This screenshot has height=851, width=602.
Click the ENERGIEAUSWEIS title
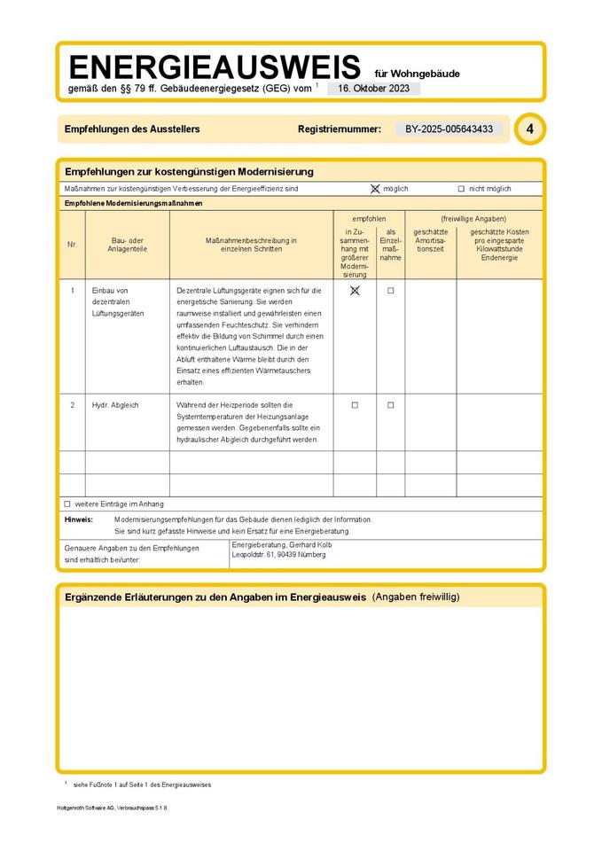[214, 66]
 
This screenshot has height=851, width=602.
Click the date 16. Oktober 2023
[373, 89]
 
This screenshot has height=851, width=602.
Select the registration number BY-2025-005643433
[449, 129]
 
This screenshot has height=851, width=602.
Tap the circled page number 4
[529, 129]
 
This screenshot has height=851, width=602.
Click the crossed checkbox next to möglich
[375, 189]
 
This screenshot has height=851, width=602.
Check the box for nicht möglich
[461, 189]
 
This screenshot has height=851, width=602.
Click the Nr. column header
[72, 245]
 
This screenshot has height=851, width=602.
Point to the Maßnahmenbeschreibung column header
[251, 245]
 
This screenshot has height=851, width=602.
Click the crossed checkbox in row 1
[355, 290]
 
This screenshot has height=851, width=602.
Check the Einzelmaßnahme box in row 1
[390, 290]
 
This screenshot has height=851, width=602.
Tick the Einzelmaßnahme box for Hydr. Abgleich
[390, 405]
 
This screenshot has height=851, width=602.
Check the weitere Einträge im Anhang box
[67, 504]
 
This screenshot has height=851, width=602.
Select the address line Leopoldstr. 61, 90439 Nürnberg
[278, 555]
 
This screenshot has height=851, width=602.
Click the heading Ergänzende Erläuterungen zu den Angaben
[215, 597]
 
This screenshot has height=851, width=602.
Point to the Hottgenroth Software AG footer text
[111, 808]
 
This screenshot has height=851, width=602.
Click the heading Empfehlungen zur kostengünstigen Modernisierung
[189, 171]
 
